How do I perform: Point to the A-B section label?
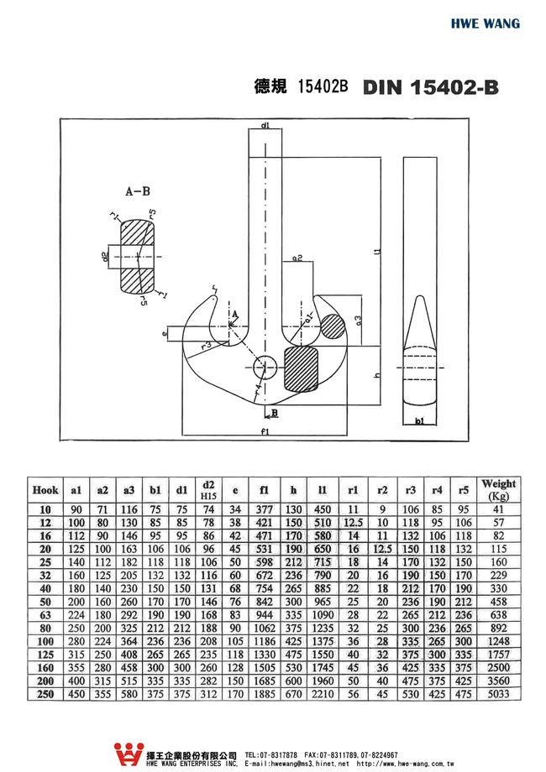(x=138, y=192)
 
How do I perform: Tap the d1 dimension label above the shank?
(x=265, y=125)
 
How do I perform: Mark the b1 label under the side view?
(x=419, y=424)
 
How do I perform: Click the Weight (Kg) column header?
(x=497, y=490)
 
